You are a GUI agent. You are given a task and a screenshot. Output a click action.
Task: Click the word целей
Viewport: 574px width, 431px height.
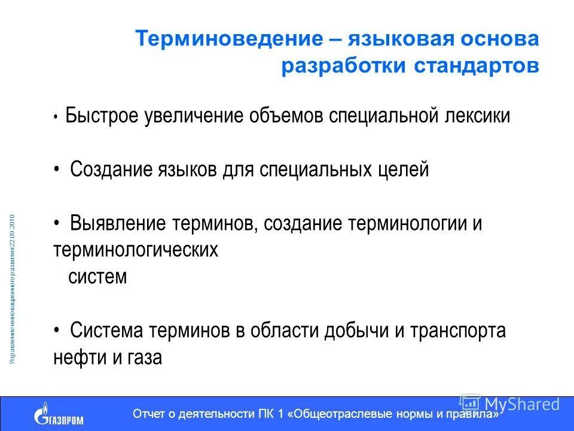click(404, 169)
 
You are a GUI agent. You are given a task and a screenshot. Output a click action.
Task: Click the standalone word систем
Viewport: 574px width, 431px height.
click(97, 277)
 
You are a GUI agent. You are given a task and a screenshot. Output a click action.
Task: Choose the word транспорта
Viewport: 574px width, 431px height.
click(459, 330)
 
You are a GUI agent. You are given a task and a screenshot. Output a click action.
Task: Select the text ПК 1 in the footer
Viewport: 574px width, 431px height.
click(273, 414)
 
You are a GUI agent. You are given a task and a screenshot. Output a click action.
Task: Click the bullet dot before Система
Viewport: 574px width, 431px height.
click(56, 330)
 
